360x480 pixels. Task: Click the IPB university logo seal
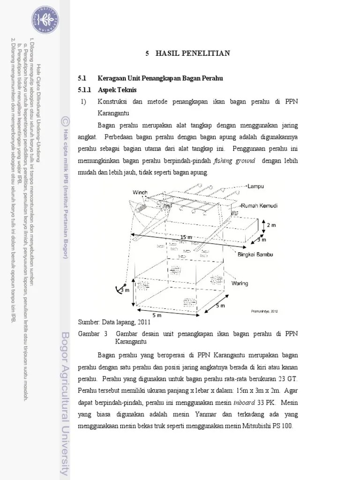click(x=45, y=19)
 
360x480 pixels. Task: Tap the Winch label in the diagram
click(x=140, y=193)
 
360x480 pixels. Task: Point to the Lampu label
click(x=256, y=186)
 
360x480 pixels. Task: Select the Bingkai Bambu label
click(x=254, y=255)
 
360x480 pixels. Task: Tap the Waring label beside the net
click(x=239, y=283)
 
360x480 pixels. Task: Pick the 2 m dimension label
click(x=271, y=225)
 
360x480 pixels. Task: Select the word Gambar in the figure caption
click(x=89, y=333)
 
